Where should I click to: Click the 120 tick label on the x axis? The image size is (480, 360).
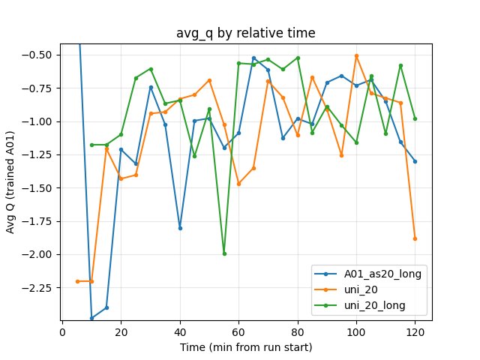[x=415, y=331]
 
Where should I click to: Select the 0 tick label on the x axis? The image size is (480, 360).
[x=63, y=331]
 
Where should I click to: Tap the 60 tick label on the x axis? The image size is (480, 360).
[x=238, y=331]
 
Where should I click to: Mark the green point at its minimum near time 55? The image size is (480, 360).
[x=224, y=253]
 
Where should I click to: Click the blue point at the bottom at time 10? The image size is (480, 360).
[x=92, y=318]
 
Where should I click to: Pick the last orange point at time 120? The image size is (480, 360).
[x=415, y=238]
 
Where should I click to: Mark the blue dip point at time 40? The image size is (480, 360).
[x=180, y=228]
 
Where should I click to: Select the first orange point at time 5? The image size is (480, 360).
[x=77, y=281]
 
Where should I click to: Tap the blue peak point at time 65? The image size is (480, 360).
[x=253, y=58]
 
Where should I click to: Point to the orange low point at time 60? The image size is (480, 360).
[x=238, y=184]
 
